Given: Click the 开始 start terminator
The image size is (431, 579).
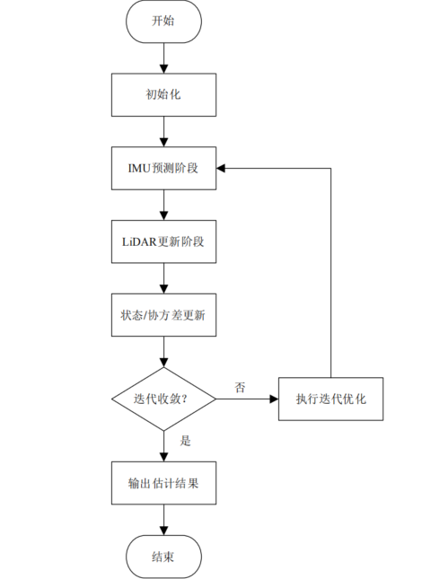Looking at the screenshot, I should (163, 22).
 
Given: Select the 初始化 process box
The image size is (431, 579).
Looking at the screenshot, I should (163, 93).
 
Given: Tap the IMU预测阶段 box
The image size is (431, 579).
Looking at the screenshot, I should (163, 167).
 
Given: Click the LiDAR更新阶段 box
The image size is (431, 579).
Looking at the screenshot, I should (163, 241).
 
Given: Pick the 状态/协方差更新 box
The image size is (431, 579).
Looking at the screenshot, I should (163, 316).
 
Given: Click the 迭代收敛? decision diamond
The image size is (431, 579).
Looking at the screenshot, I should (163, 398).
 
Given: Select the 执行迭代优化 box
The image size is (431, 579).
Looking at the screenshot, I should (330, 398).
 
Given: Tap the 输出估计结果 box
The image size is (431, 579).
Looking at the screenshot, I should (163, 483).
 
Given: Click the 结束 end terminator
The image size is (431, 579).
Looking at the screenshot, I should (163, 557).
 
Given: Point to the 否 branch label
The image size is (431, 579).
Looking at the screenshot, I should (240, 387).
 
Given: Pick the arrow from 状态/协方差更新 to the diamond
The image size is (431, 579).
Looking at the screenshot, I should (163, 352).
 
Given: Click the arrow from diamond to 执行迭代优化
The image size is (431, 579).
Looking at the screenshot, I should (247, 398).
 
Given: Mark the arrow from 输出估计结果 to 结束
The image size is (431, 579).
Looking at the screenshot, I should (163, 521).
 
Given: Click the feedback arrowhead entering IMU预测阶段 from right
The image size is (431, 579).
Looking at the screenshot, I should (224, 167).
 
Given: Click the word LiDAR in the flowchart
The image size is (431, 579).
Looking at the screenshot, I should (140, 241).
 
